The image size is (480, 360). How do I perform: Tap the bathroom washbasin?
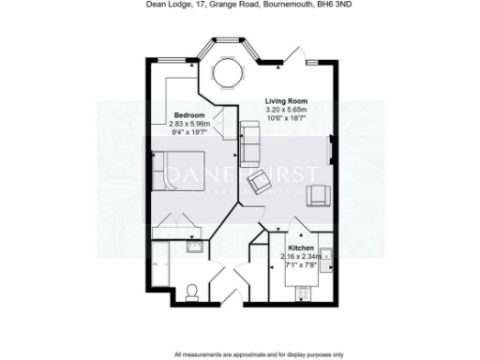point(195,248)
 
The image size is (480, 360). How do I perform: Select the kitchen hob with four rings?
point(304,292)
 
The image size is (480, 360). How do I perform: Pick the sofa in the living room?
point(250,141)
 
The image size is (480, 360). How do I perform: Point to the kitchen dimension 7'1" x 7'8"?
point(302,263)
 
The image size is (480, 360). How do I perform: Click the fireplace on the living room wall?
point(331,149)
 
